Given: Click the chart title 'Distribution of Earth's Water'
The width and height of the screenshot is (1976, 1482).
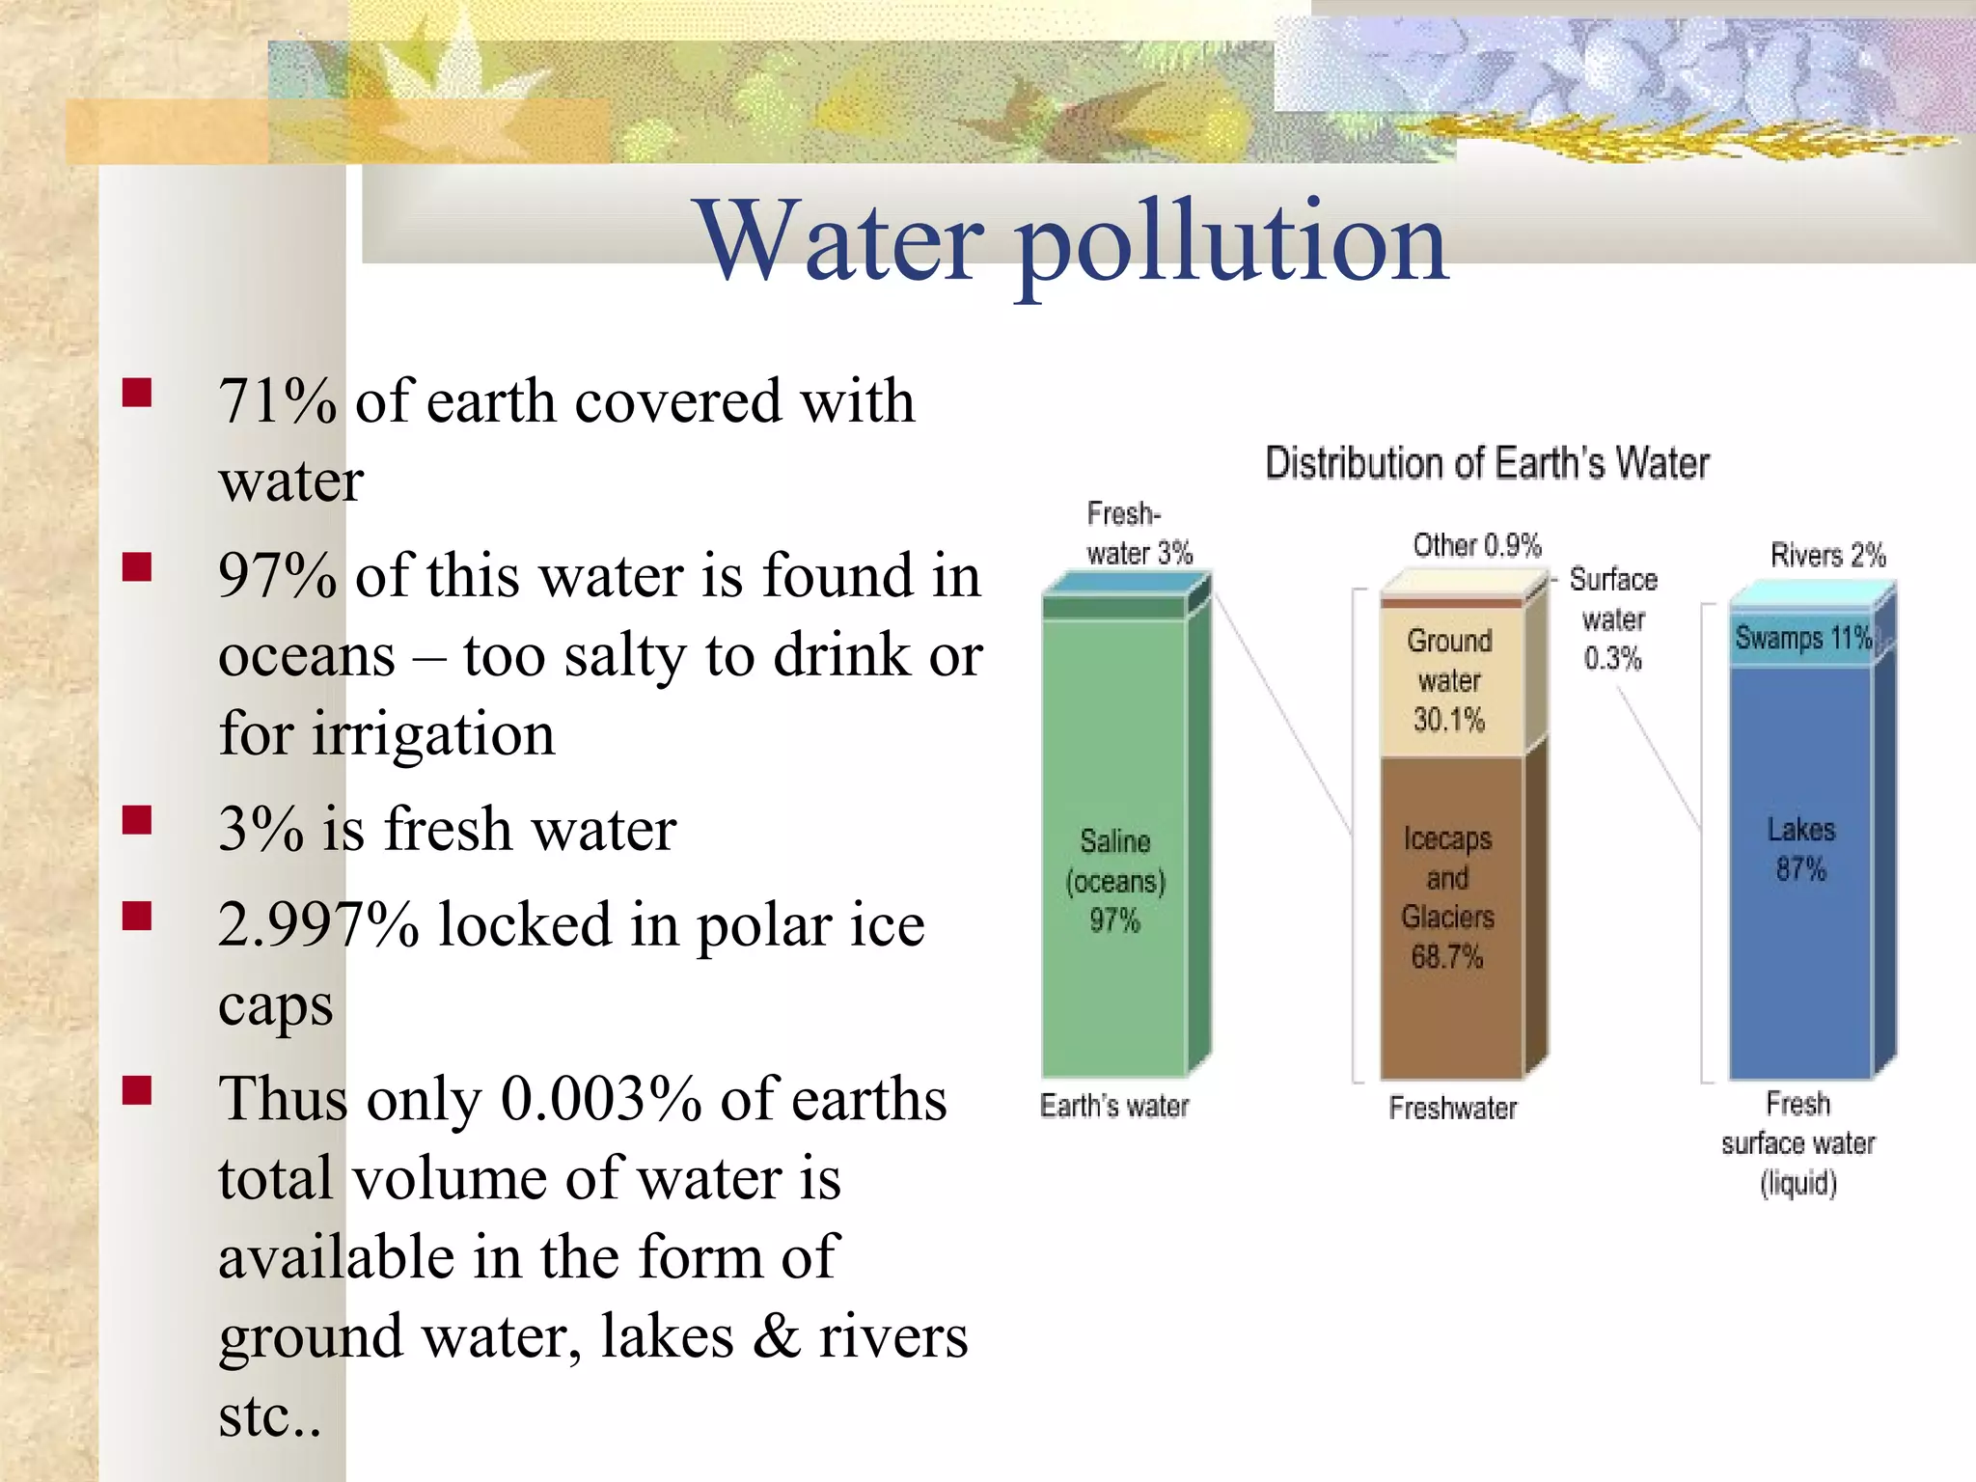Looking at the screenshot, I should [x=1487, y=464].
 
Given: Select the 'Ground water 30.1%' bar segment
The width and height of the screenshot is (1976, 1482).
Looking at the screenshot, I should [x=1449, y=680].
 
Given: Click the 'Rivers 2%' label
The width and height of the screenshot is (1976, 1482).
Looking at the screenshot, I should [x=1827, y=556].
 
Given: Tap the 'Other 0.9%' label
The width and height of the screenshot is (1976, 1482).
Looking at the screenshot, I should [x=1477, y=546].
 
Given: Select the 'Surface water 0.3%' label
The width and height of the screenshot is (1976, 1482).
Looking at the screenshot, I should [x=1613, y=618].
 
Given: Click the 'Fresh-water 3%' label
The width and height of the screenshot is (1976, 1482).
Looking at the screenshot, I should [x=1139, y=534].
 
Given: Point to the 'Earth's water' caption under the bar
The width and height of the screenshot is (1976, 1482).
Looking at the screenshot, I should [x=1114, y=1106].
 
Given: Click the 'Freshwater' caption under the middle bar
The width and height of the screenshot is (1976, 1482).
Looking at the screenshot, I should [x=1452, y=1108].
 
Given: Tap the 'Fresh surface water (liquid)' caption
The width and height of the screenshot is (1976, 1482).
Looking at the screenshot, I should [x=1798, y=1143].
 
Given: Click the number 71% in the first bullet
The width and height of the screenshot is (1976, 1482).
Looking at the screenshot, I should [x=277, y=401].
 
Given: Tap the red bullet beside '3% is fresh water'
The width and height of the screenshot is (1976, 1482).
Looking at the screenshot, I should [x=138, y=820].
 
